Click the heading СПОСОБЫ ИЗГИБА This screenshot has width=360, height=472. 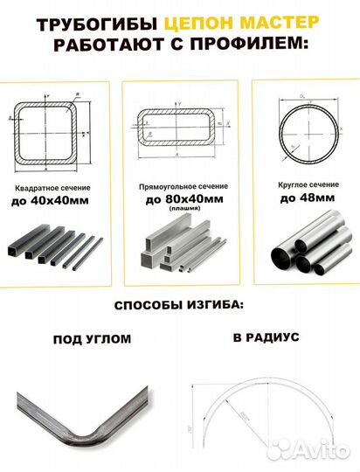pos(179,308)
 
